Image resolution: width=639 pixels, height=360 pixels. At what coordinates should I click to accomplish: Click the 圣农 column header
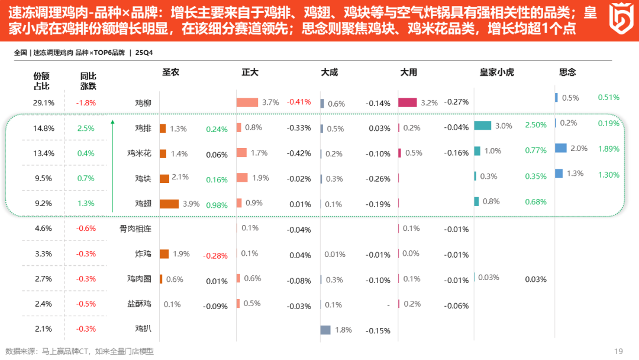170,72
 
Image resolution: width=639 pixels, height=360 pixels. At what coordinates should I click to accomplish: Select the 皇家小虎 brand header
496,72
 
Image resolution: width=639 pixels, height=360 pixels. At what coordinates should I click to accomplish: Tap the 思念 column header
567,72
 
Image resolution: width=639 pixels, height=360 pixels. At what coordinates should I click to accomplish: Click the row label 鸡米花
139,153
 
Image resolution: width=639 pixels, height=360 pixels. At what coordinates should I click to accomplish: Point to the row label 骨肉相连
135,229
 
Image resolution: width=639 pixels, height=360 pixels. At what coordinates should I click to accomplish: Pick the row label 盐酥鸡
139,304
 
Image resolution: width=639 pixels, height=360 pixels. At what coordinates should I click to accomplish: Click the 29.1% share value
43,102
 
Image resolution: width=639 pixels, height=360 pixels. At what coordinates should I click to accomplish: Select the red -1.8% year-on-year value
86,102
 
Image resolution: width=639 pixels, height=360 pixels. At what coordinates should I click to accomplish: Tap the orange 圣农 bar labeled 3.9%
169,204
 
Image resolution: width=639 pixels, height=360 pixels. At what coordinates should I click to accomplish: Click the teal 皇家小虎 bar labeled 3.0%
483,126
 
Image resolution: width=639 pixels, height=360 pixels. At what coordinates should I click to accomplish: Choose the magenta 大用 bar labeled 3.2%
408,102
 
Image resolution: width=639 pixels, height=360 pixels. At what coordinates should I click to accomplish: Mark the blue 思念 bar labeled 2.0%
561,148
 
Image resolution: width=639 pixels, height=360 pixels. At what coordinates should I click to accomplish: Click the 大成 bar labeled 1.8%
325,330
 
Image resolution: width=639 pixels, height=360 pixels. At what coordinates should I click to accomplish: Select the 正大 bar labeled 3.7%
247,102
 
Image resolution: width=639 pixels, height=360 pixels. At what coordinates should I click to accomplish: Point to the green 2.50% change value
535,125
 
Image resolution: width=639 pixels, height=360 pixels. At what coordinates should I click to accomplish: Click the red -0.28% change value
215,256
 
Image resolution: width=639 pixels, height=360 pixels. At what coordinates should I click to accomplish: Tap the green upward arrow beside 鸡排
112,166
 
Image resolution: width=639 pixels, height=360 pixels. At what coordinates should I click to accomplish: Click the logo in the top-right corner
619,20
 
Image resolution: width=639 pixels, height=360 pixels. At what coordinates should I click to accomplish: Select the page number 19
619,351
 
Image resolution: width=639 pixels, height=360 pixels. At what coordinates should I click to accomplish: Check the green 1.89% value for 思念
608,149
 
